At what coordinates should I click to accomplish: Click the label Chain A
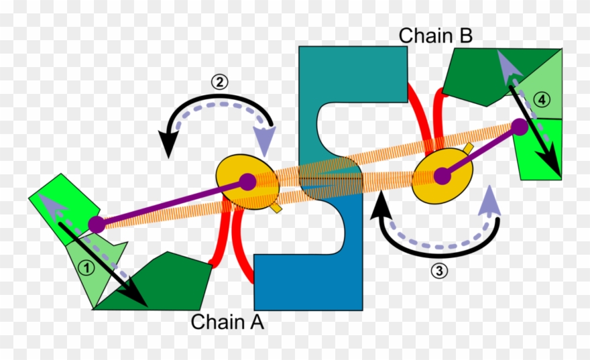227,322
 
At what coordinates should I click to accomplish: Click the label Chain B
436,36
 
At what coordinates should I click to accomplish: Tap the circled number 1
85,266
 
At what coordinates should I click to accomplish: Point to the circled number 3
438,271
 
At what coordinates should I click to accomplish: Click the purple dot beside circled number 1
97,225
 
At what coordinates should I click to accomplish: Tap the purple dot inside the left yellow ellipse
247,181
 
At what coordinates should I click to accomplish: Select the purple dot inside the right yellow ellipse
441,176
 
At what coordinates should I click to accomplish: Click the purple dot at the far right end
520,126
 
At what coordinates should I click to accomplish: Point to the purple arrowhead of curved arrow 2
266,141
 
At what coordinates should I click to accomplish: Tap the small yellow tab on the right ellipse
468,147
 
